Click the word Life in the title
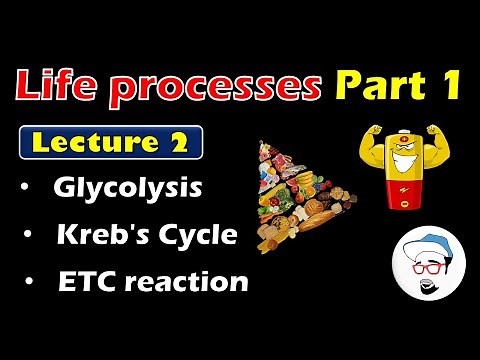(59, 87)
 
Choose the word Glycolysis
(128, 189)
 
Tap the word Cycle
(200, 236)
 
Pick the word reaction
(191, 282)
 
